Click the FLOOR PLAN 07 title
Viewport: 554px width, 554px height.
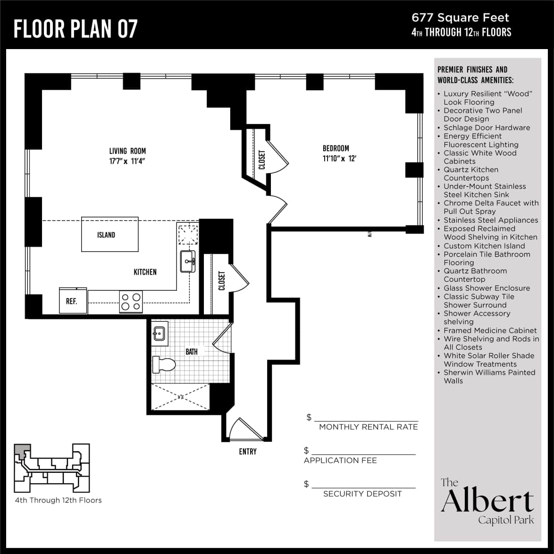pyautogui.click(x=76, y=29)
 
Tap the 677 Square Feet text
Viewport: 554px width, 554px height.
pyautogui.click(x=460, y=18)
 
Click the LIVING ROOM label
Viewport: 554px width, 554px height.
pyautogui.click(x=127, y=151)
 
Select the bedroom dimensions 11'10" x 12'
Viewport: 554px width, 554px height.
pyautogui.click(x=339, y=159)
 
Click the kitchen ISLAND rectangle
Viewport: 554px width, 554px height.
pyautogui.click(x=110, y=235)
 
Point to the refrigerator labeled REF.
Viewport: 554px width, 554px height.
pyautogui.click(x=73, y=301)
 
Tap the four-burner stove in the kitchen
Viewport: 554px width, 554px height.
pyautogui.click(x=131, y=302)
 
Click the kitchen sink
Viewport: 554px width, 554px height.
pyautogui.click(x=188, y=261)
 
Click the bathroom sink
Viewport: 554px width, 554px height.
pyautogui.click(x=159, y=333)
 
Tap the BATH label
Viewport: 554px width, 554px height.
pyautogui.click(x=192, y=352)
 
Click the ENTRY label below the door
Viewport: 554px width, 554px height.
pyautogui.click(x=247, y=452)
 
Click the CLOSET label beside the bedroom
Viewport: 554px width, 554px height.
pyautogui.click(x=262, y=159)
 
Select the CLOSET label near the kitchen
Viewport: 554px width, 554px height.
pyautogui.click(x=221, y=280)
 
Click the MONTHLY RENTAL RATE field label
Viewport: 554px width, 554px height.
pyautogui.click(x=368, y=427)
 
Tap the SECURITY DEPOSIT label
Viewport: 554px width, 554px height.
pyautogui.click(x=362, y=494)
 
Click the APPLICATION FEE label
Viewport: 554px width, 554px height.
pyautogui.click(x=340, y=461)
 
